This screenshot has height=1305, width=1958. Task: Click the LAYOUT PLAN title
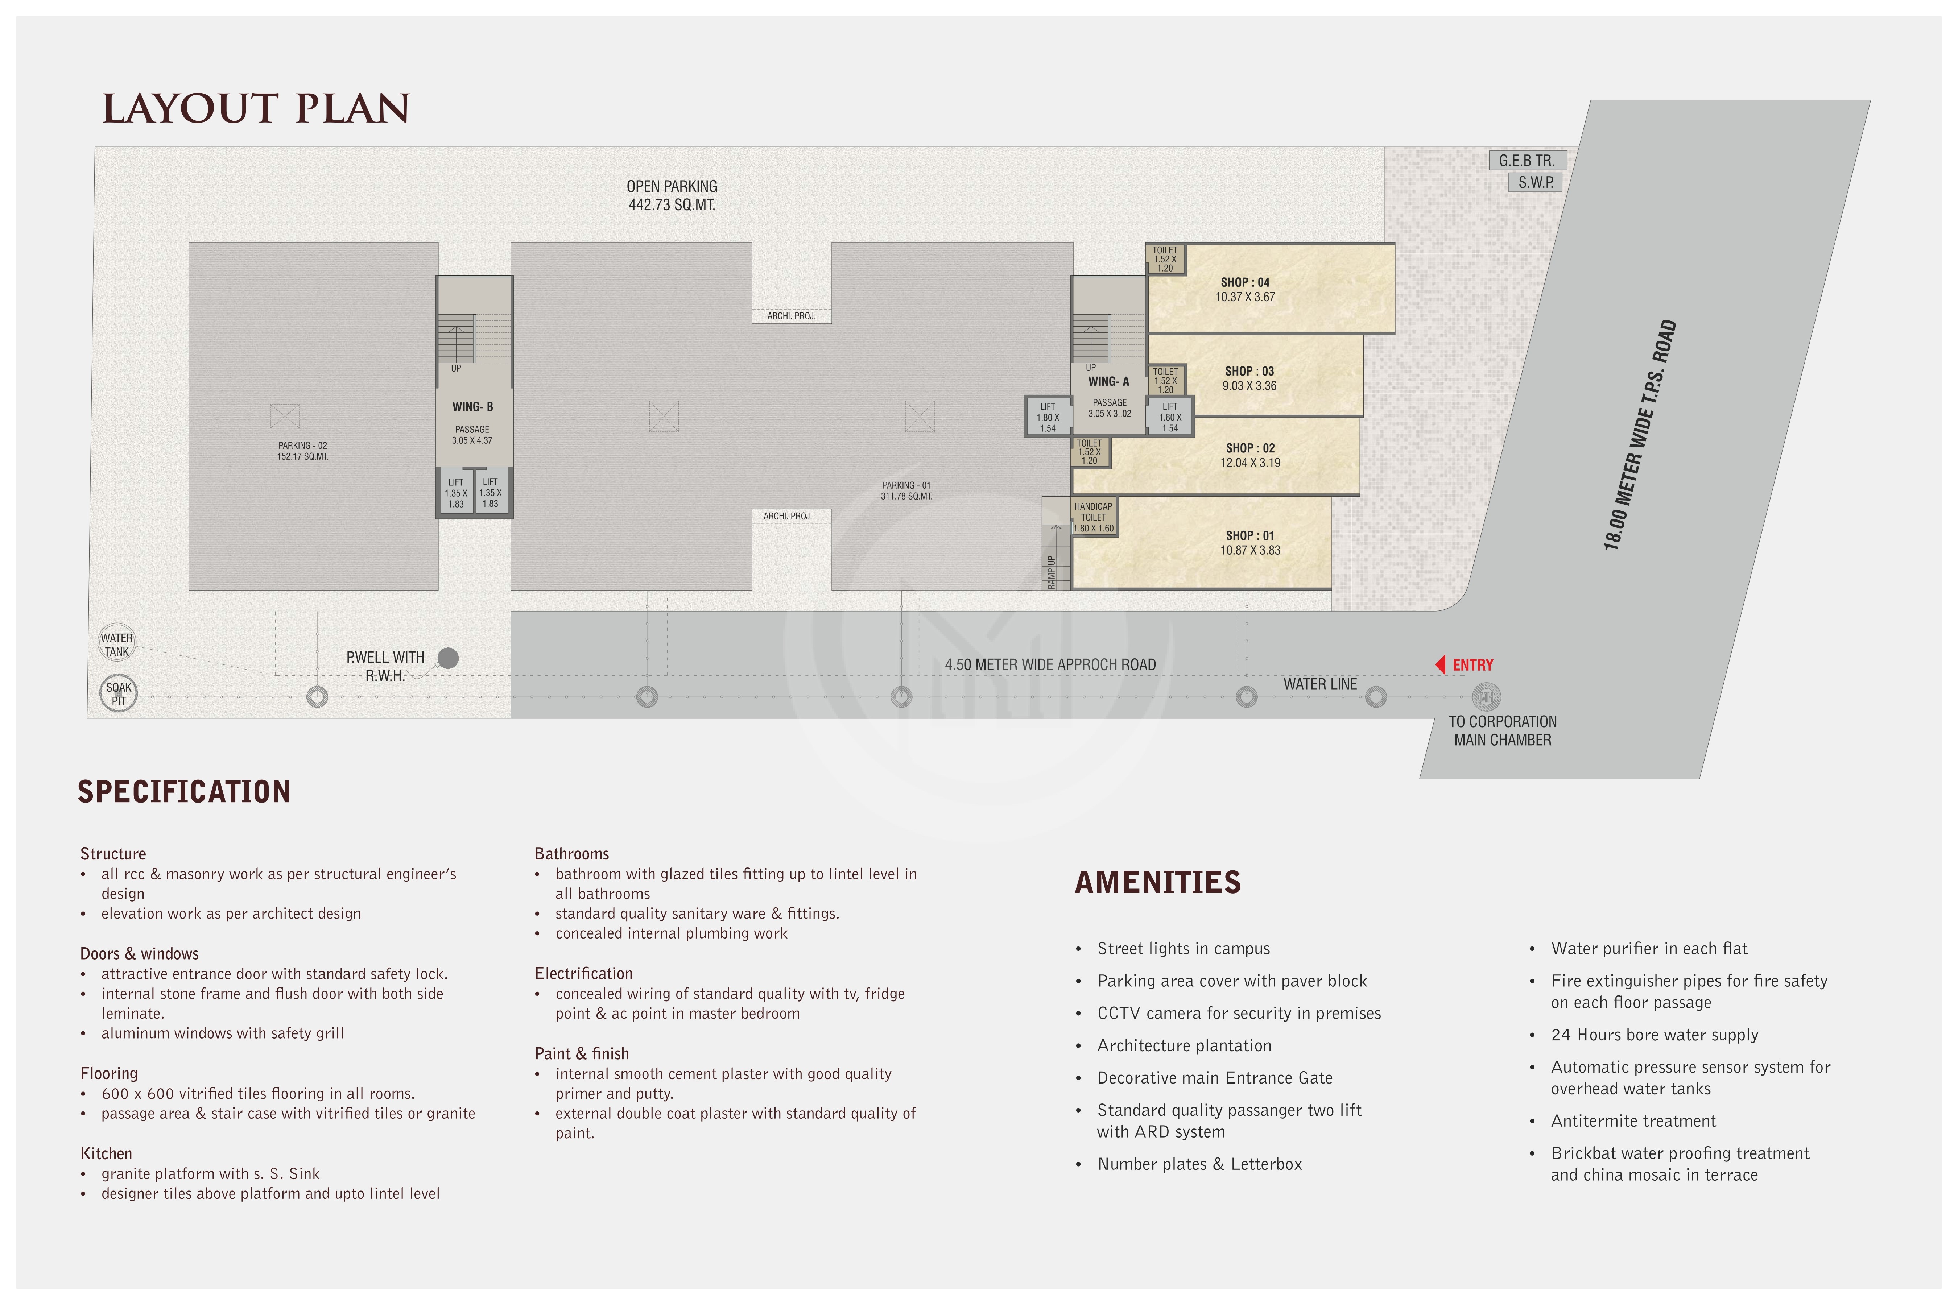pyautogui.click(x=256, y=109)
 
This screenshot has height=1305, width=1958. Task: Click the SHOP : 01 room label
pyautogui.click(x=1249, y=535)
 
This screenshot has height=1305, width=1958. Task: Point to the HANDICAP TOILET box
pyautogui.click(x=1093, y=517)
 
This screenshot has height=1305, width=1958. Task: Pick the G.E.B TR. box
pyautogui.click(x=1527, y=161)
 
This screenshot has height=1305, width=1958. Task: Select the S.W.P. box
pyautogui.click(x=1535, y=182)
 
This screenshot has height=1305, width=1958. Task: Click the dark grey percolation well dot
pyautogui.click(x=448, y=658)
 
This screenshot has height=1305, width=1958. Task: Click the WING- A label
pyautogui.click(x=1108, y=381)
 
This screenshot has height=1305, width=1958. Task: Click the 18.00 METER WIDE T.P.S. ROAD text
pyautogui.click(x=1640, y=434)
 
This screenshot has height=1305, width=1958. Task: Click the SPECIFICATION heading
pyautogui.click(x=184, y=791)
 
